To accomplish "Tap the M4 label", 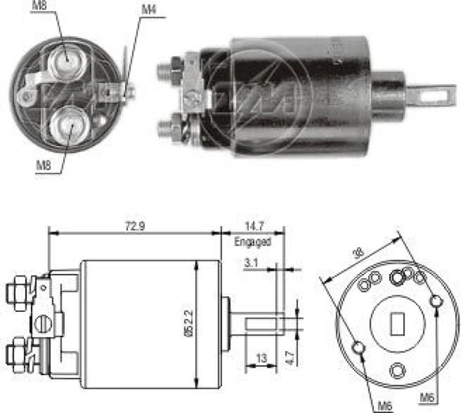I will pos(148,9).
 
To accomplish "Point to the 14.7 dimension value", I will pos(253,226).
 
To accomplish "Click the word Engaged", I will pos(253,242).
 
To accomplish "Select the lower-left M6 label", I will pos(384,406).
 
